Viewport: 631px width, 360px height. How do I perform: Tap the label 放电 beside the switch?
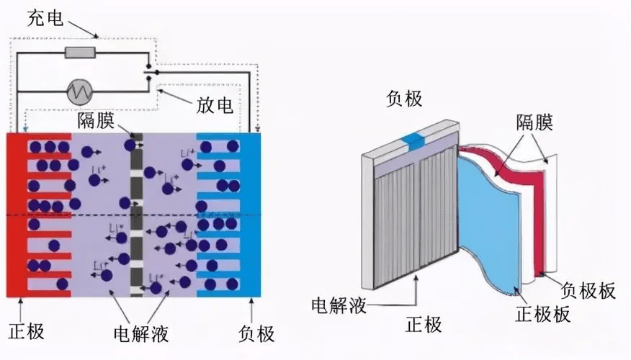pos(215,106)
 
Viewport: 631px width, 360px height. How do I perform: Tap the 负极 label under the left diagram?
pos(256,333)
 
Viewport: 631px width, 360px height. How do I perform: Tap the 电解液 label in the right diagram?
pos(339,305)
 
